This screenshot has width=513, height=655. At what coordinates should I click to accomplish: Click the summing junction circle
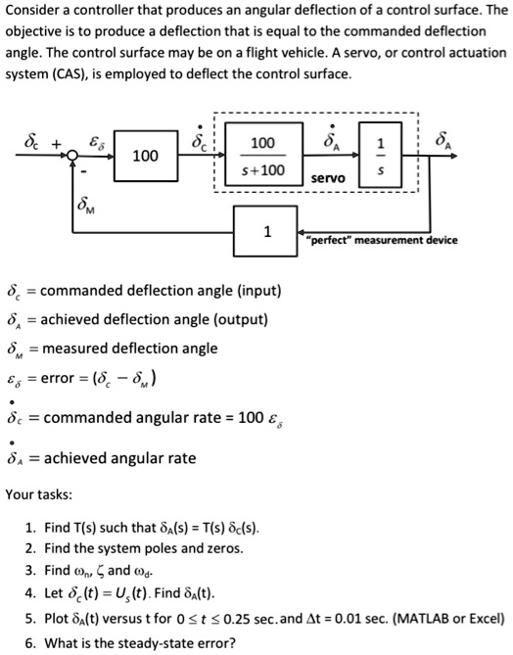[72, 156]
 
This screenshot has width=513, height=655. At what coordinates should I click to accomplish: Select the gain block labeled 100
[146, 156]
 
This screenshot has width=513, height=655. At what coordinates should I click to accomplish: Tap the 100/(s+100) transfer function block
[263, 154]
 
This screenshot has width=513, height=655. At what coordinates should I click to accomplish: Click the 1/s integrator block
[380, 155]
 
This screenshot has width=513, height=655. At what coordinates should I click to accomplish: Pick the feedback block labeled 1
[265, 231]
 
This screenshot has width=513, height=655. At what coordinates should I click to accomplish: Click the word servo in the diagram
[328, 178]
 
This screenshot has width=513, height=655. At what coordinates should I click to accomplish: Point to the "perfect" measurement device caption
[382, 240]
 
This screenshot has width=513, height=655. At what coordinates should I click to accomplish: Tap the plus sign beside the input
[56, 144]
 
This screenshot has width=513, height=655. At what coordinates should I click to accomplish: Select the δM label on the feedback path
[85, 205]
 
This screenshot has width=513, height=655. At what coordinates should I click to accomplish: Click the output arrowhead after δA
[453, 156]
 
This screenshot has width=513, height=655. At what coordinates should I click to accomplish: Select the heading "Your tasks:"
[39, 494]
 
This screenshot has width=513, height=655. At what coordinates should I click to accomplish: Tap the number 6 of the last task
[28, 643]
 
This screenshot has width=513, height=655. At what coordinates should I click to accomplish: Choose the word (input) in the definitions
[259, 291]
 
